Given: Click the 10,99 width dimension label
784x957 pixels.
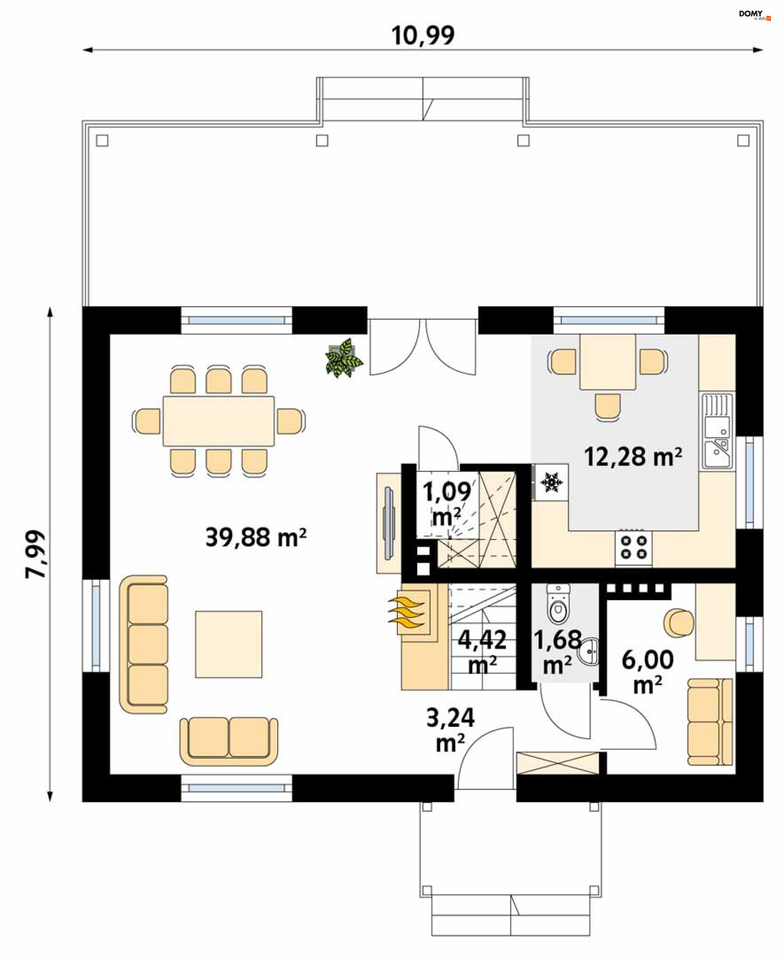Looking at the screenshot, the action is pos(423,35).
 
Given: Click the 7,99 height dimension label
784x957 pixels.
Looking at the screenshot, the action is pos(35,554).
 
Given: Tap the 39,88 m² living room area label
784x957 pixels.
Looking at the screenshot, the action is pos(256,537).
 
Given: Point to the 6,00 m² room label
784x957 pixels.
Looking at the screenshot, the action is pos(648,672).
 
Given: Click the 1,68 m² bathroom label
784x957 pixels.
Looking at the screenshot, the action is pos(558,652).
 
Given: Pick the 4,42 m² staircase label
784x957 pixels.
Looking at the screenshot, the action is pos(482,652).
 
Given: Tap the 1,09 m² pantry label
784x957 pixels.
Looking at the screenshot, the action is pos(447,504).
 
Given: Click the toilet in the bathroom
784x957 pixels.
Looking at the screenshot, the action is pos(559,604).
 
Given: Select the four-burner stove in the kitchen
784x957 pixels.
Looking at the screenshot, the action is pos(633,547).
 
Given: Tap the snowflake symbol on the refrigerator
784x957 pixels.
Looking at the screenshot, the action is pos(550,482).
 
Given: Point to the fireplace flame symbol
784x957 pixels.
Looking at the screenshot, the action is pos(406,613).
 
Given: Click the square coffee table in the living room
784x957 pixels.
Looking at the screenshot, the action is pos(229,644).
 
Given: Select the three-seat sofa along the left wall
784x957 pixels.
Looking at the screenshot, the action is pos(144,644).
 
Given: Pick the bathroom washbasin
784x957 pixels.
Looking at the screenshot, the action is pos(588,651).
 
